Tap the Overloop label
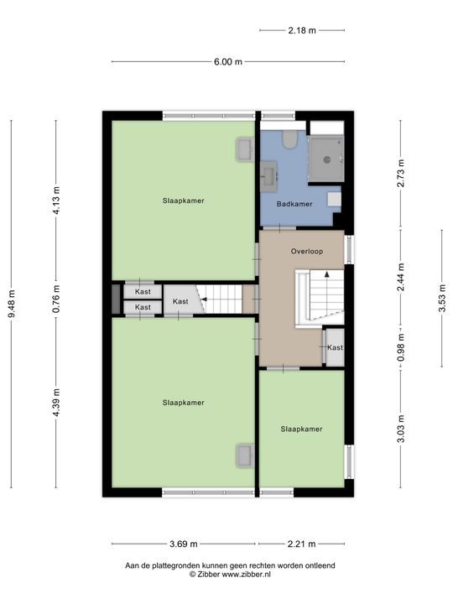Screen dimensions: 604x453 click(x=307, y=252)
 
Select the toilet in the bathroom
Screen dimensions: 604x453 click(x=289, y=140)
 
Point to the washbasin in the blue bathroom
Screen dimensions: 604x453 click(x=270, y=174)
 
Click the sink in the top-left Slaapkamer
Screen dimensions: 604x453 click(x=244, y=149)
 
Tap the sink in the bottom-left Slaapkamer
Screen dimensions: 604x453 click(x=244, y=455)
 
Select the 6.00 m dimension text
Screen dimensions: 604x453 click(x=226, y=61)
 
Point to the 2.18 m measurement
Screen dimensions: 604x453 click(x=302, y=30)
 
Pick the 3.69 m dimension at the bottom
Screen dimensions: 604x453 click(x=182, y=544)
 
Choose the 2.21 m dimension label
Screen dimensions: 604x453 click(x=302, y=544)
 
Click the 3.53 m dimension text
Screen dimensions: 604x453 click(x=441, y=298)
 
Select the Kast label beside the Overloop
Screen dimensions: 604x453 click(x=335, y=347)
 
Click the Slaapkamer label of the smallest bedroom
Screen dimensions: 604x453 click(x=301, y=429)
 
